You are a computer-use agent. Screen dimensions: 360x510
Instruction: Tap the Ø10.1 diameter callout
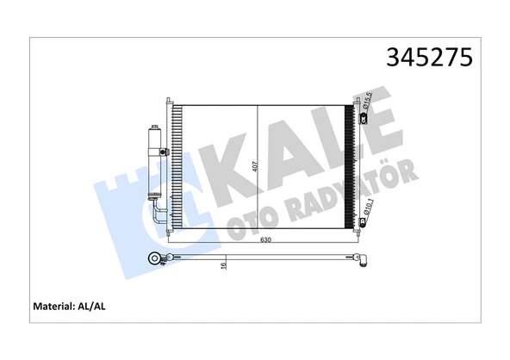click(369, 208)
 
